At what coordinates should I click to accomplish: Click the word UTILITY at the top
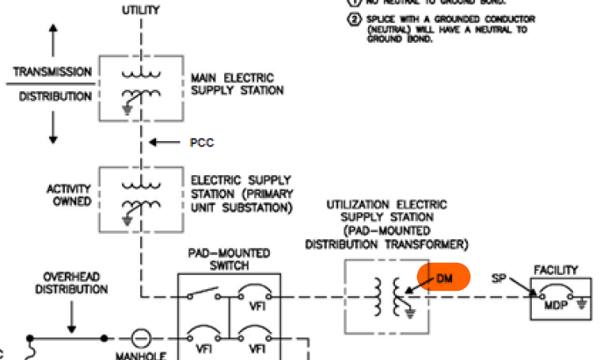139,10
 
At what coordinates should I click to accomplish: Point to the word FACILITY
562,270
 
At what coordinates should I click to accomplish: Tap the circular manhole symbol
139,337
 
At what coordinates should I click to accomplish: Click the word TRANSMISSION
52,71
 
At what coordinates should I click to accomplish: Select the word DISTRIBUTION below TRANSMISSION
52,95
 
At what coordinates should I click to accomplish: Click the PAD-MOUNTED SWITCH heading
230,258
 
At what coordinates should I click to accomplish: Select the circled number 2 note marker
355,19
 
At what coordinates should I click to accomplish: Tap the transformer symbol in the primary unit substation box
139,198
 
